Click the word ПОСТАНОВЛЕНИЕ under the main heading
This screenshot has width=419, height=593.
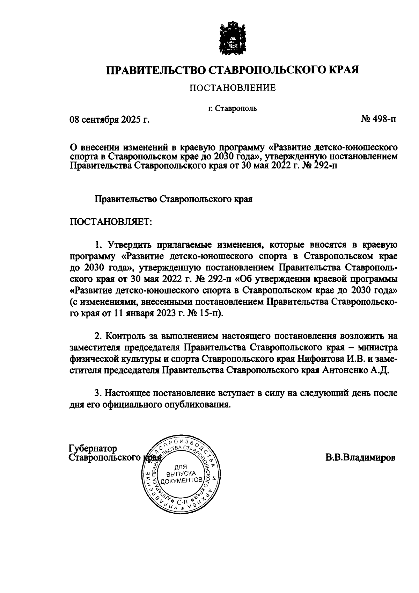coord(233,88)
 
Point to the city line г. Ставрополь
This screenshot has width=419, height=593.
coord(233,108)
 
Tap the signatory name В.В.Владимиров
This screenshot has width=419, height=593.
coord(360,458)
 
